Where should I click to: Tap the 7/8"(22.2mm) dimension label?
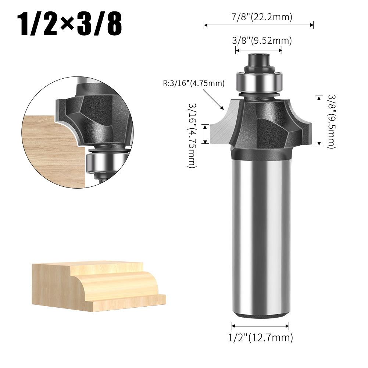tap(262, 17)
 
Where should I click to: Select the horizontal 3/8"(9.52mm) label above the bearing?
tap(262, 40)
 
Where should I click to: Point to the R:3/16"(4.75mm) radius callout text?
tap(194, 83)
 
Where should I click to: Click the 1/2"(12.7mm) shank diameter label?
tap(261, 338)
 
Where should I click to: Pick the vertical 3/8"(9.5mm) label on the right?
tap(332, 122)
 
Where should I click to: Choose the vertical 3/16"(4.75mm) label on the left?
tap(192, 136)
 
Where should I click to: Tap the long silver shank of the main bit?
tap(260, 237)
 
